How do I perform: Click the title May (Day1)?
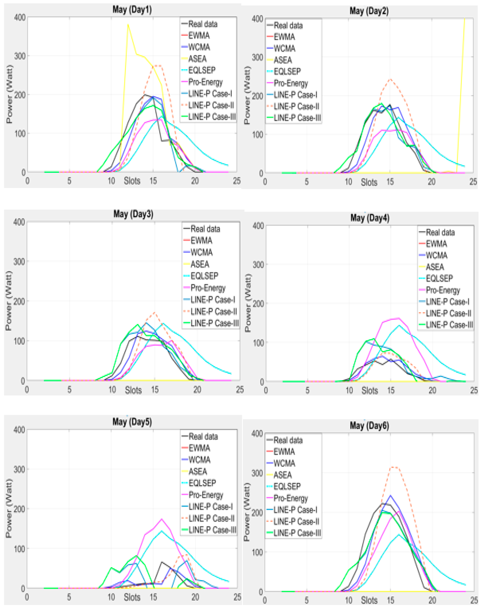132,10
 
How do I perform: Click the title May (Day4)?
370,218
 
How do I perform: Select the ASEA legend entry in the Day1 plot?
197,59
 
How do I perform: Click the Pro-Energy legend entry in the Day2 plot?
291,83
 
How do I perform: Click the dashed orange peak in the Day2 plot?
390,79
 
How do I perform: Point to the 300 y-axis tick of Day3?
19,261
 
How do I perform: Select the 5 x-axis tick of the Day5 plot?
69,597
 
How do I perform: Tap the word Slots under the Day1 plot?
132,181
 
